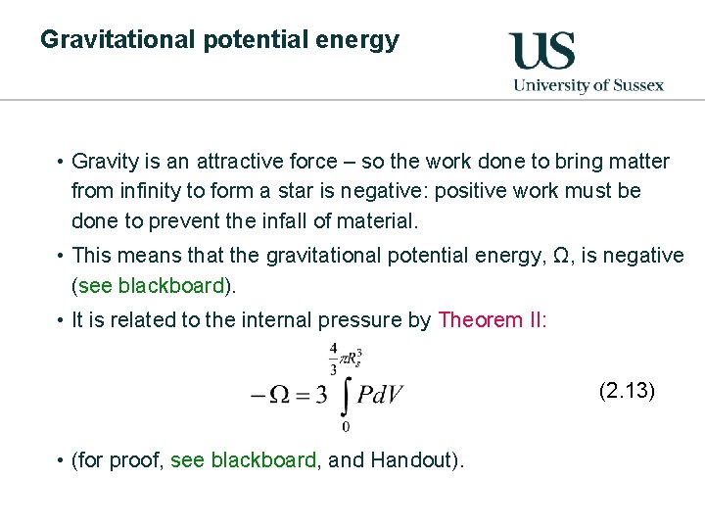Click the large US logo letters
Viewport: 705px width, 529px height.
tap(541, 50)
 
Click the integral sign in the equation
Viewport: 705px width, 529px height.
tap(345, 395)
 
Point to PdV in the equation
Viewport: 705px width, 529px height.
tap(379, 395)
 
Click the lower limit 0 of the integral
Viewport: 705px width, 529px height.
tap(346, 426)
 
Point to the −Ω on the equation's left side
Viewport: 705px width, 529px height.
tap(271, 395)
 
